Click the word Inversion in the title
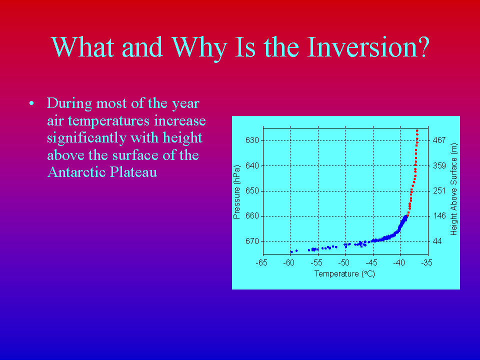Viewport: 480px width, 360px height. tap(368, 47)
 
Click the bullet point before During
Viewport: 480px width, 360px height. tap(31, 103)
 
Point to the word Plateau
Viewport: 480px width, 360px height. tap(133, 172)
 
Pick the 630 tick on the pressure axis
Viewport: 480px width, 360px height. tap(252, 140)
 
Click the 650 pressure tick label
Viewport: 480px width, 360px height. tap(252, 191)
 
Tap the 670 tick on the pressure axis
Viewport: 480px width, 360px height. tap(252, 241)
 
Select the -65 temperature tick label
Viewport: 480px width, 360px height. tap(261, 262)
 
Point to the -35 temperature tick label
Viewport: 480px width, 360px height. tap(426, 262)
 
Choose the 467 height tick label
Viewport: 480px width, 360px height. tap(439, 140)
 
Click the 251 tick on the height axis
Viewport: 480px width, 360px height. tap(439, 191)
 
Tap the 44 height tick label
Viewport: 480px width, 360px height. tap(437, 241)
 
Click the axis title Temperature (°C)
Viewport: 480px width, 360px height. tap(344, 273)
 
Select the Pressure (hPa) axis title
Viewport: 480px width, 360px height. tap(236, 192)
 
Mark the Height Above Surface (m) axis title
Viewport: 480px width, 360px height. tap(453, 189)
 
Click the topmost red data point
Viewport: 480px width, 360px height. tap(417, 130)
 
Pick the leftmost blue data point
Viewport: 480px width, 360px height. tap(291, 252)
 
